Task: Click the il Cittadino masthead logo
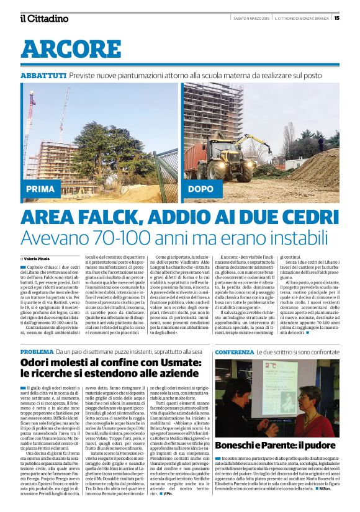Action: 43,18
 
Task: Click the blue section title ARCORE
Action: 60,49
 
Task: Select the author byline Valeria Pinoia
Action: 38,258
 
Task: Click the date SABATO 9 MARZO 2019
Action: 254,18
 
